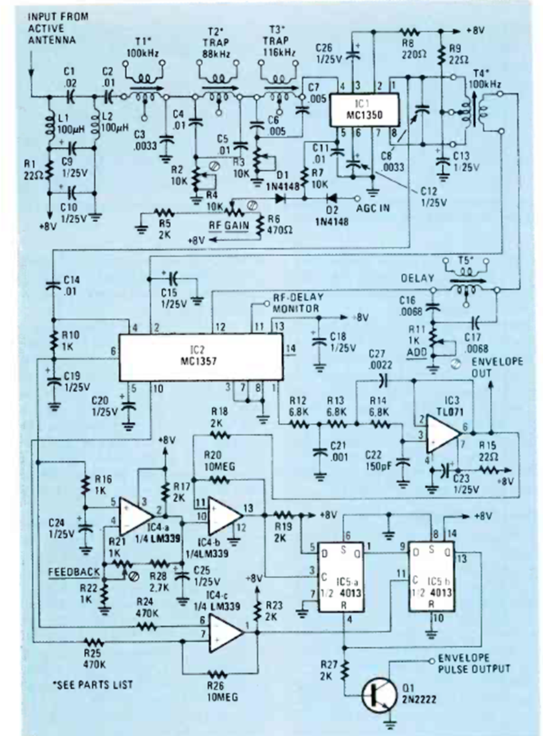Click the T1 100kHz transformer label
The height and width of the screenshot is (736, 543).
[x=144, y=47]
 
